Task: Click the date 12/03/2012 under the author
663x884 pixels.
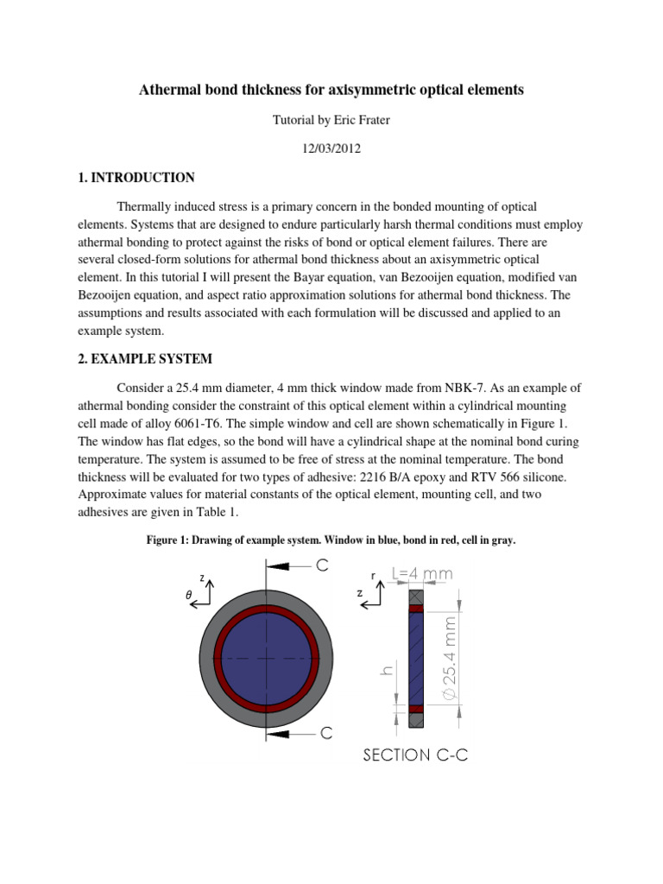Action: tap(331, 148)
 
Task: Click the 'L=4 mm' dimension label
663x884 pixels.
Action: tap(422, 573)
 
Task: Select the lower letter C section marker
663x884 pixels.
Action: tap(326, 733)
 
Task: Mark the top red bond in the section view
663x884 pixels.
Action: tap(416, 609)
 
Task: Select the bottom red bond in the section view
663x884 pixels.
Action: tap(416, 709)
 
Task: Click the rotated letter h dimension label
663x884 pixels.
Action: tap(388, 670)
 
